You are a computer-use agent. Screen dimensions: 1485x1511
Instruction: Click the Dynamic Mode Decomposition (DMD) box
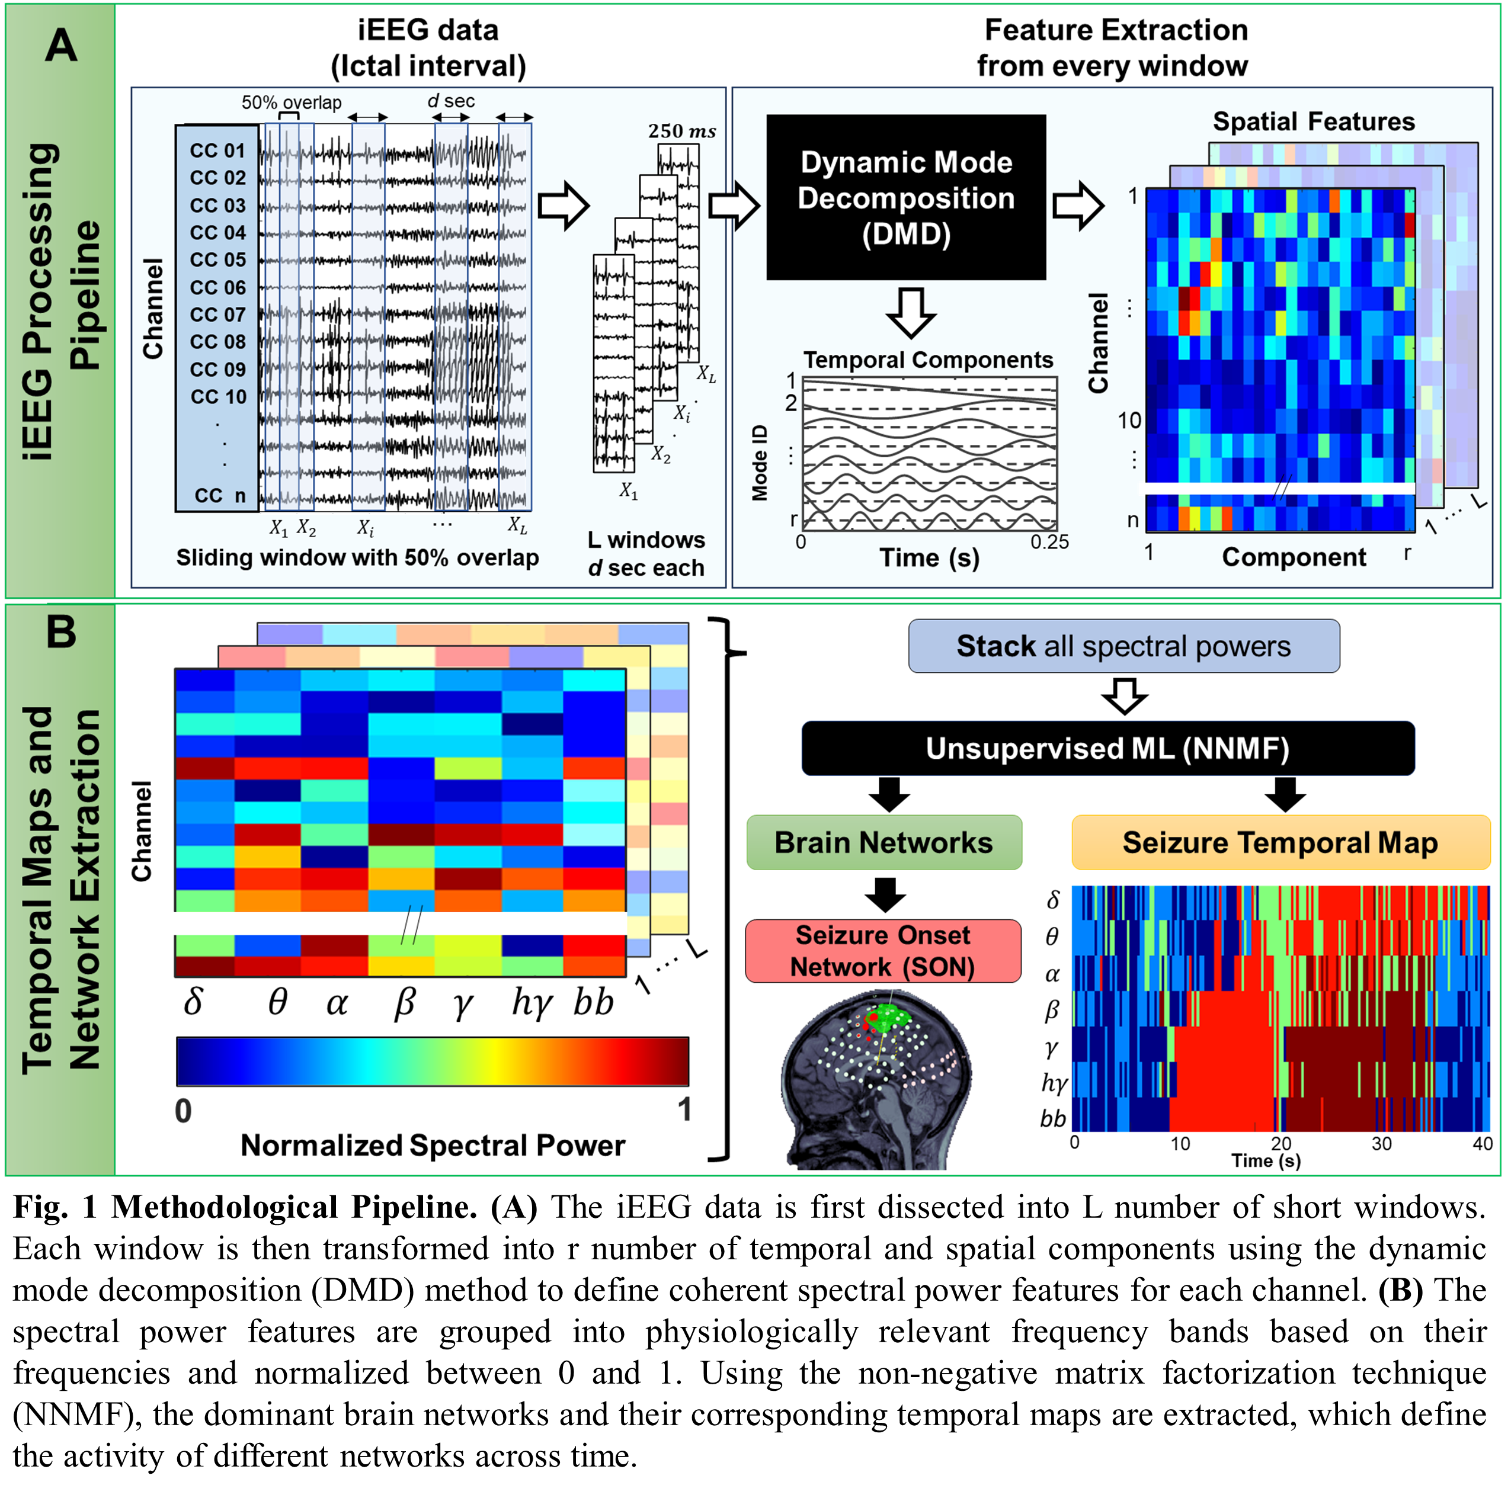point(905,197)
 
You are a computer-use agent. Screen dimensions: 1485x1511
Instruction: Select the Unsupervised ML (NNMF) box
point(1107,749)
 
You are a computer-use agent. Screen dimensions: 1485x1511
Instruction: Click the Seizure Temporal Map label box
point(1279,842)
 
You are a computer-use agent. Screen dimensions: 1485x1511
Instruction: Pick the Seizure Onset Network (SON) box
point(882,951)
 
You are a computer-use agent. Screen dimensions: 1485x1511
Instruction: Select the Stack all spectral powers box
point(1123,646)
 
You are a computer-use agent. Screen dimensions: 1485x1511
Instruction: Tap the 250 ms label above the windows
point(681,131)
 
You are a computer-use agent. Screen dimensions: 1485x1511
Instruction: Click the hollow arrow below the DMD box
point(910,313)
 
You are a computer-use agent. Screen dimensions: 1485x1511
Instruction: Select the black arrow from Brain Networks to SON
point(885,894)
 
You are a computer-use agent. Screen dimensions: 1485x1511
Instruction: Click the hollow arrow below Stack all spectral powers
point(1123,695)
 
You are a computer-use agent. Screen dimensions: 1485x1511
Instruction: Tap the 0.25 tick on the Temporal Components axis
point(1049,542)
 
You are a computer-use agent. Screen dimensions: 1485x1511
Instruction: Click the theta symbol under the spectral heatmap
point(277,1002)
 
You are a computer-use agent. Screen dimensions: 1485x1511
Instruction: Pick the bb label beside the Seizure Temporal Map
point(1052,1118)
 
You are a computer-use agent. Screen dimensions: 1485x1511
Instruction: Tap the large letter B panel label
point(61,632)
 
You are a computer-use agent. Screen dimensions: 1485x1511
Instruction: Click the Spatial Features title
point(1313,121)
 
